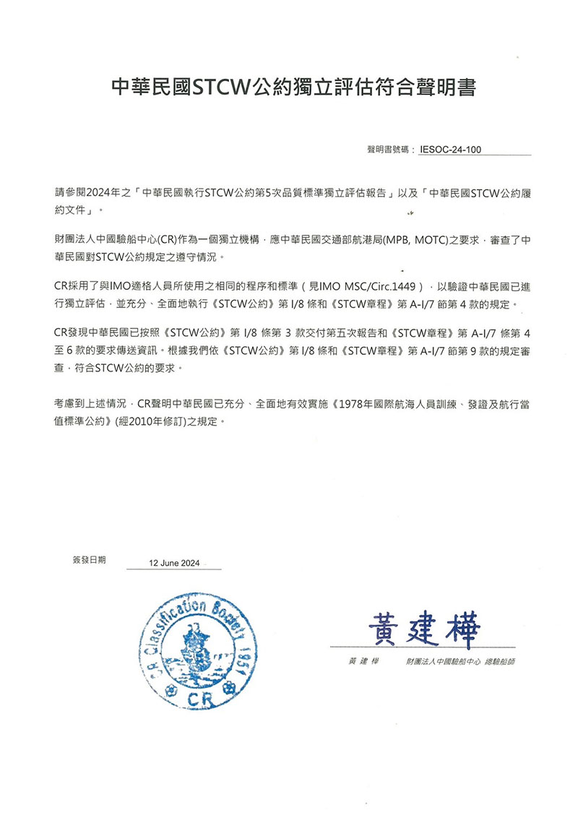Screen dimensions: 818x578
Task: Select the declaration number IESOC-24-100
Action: point(449,150)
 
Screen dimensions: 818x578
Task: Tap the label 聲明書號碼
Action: point(389,150)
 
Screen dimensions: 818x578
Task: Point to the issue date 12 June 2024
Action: point(174,562)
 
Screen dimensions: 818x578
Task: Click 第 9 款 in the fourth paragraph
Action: point(462,353)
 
